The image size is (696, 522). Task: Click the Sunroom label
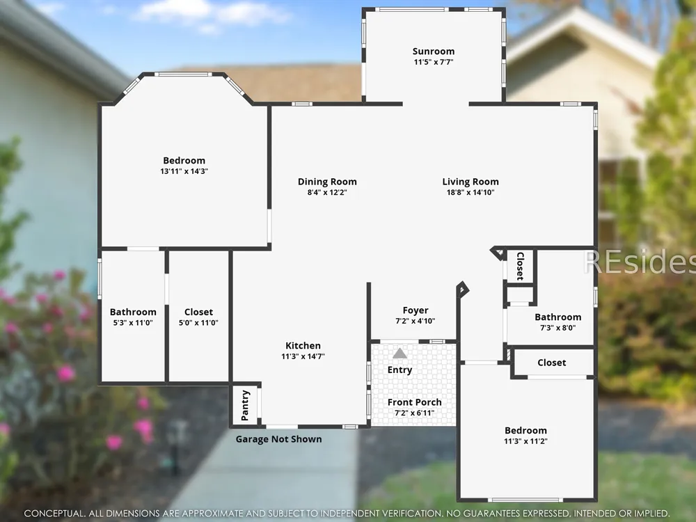tap(433, 51)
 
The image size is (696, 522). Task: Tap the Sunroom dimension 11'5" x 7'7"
tap(433, 62)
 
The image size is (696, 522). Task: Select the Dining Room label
tap(327, 182)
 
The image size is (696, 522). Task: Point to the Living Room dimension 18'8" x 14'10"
tap(470, 193)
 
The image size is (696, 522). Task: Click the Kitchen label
tap(303, 346)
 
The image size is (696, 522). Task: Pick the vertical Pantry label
tap(245, 405)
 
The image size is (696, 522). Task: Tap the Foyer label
tap(416, 310)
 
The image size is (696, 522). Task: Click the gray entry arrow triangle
tap(400, 354)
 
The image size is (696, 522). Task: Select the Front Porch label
tap(415, 402)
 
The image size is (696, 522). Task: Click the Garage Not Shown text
tap(279, 439)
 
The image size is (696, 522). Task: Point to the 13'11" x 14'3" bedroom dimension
tap(184, 171)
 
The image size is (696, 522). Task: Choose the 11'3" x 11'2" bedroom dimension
tap(525, 441)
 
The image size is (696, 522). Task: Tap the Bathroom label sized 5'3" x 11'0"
tap(133, 312)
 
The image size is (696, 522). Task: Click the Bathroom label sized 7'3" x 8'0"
tap(558, 317)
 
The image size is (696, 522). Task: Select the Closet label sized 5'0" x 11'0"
tap(198, 312)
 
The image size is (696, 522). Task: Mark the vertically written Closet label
tap(520, 267)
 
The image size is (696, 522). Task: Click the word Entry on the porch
tap(400, 370)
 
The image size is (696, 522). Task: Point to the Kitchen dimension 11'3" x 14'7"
tap(303, 356)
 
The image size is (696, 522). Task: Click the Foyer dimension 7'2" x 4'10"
tap(416, 321)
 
